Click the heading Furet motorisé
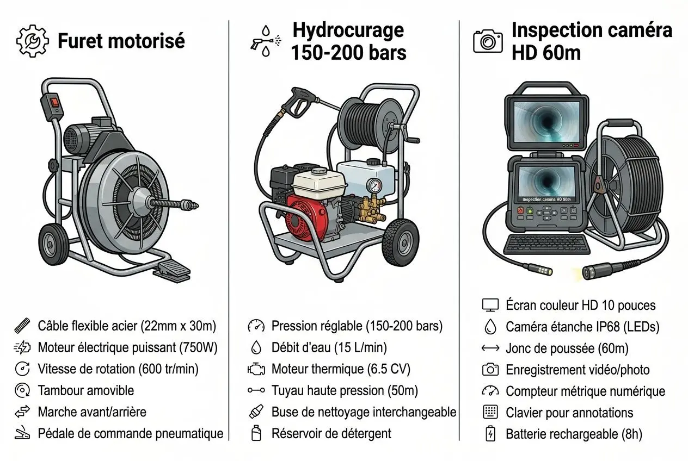pos(121,41)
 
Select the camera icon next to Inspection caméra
pos(488,41)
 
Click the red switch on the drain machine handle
pos(54,102)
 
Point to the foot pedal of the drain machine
pos(171,271)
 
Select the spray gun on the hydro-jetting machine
pos(294,103)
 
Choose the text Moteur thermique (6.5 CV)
pos(341,369)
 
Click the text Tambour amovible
pos(85,390)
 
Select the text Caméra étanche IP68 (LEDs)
pos(582,327)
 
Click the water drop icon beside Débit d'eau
pos(256,347)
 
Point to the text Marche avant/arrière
pos(92,412)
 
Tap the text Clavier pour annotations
pos(569,413)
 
